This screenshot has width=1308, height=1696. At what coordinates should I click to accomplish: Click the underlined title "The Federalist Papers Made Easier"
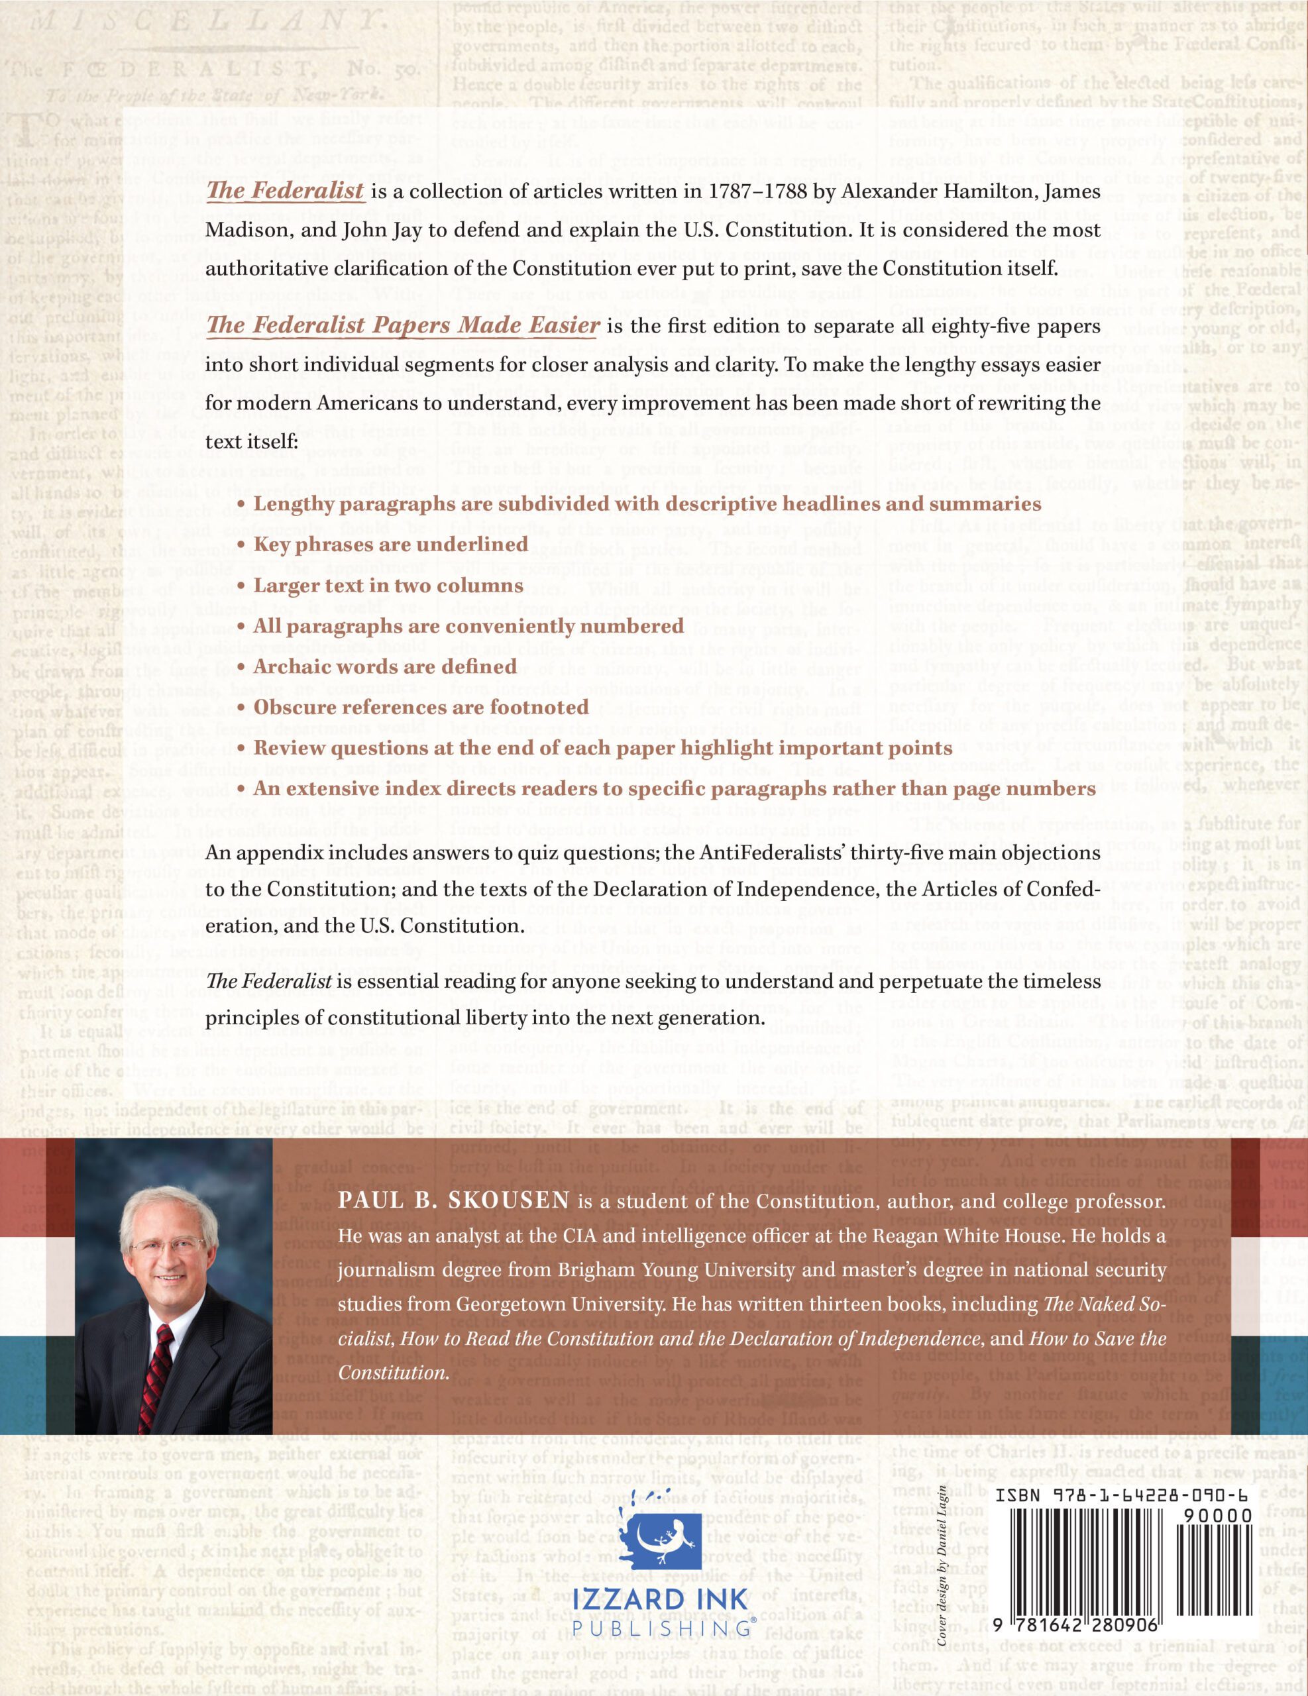tap(402, 325)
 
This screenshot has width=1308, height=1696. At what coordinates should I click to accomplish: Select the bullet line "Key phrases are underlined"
tap(380, 545)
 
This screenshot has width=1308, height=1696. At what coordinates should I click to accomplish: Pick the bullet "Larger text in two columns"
tap(388, 585)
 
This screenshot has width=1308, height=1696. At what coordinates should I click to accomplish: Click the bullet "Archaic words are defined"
tap(385, 666)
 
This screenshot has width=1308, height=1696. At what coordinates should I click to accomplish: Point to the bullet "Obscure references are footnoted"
tap(421, 707)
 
